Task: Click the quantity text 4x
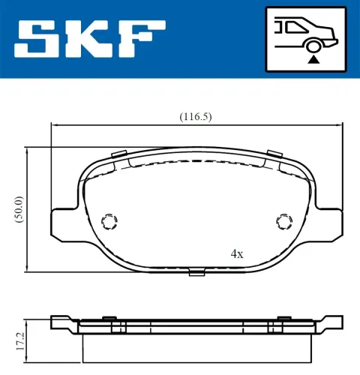click(x=237, y=254)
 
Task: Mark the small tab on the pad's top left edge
click(x=118, y=155)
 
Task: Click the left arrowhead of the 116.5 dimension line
click(x=54, y=124)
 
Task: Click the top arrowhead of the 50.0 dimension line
click(x=28, y=150)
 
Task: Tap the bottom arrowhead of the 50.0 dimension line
click(x=28, y=268)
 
